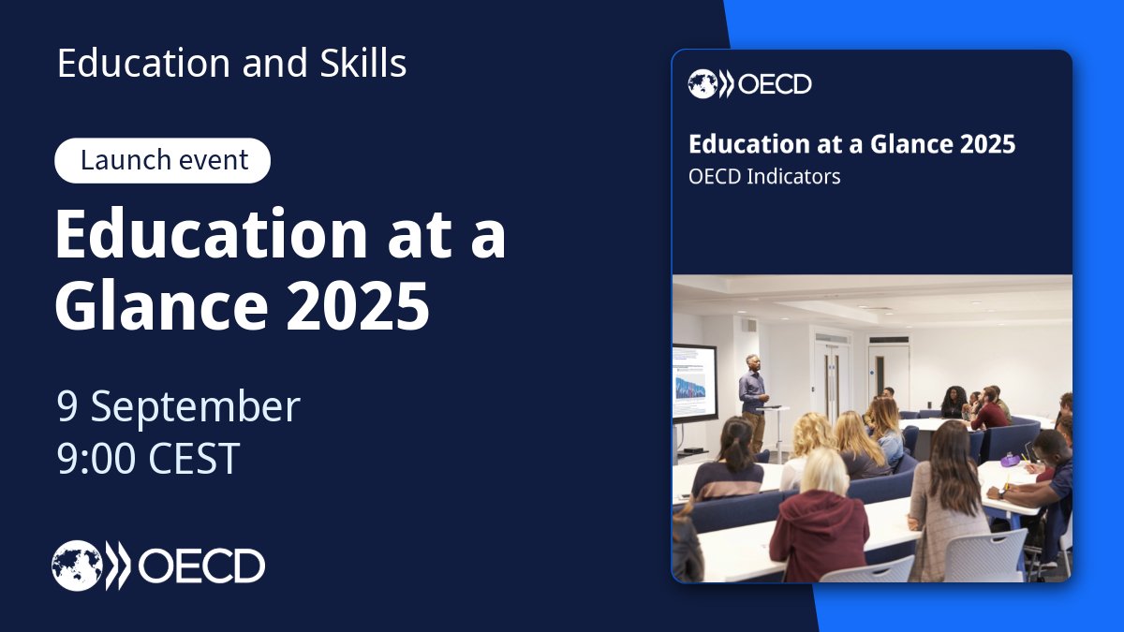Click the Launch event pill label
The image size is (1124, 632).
pyautogui.click(x=163, y=160)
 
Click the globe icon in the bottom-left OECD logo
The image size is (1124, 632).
pyautogui.click(x=77, y=566)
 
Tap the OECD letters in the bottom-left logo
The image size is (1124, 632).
pyautogui.click(x=201, y=566)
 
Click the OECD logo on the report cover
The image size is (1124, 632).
pyautogui.click(x=749, y=85)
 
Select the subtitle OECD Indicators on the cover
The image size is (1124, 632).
pyautogui.click(x=764, y=176)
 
